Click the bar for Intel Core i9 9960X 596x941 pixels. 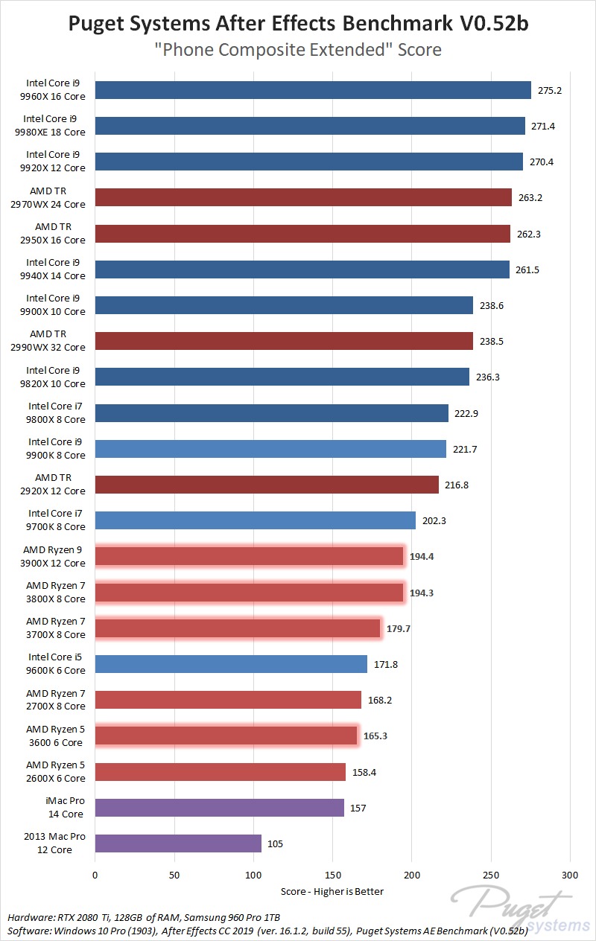pos(313,90)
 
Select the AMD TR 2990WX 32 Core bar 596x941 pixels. pos(284,341)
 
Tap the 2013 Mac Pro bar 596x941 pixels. pos(178,843)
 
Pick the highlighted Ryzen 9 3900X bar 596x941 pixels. pos(250,556)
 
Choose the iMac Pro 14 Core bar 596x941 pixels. pos(219,808)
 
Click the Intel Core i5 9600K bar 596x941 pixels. pos(231,664)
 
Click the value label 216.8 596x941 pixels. pos(457,485)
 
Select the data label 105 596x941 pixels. pos(276,843)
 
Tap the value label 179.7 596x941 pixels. pos(398,628)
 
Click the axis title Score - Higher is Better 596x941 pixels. pos(332,891)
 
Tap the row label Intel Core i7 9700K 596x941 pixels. pos(56,520)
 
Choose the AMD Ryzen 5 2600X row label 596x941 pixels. pos(56,772)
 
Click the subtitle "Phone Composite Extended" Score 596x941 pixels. pos(298,50)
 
